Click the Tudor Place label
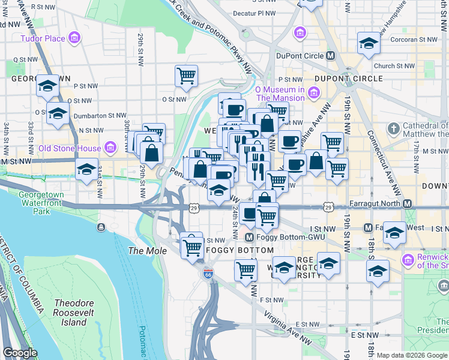[42, 39]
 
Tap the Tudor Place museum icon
[74, 39]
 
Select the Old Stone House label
[70, 148]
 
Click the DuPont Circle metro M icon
[330, 56]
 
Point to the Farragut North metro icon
[408, 204]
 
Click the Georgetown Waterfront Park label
[42, 203]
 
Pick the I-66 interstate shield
[208, 273]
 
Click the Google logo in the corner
[20, 353]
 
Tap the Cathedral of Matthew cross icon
[393, 129]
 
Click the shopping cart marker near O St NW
[187, 76]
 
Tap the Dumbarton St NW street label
[100, 115]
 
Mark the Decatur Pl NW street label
[253, 13]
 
